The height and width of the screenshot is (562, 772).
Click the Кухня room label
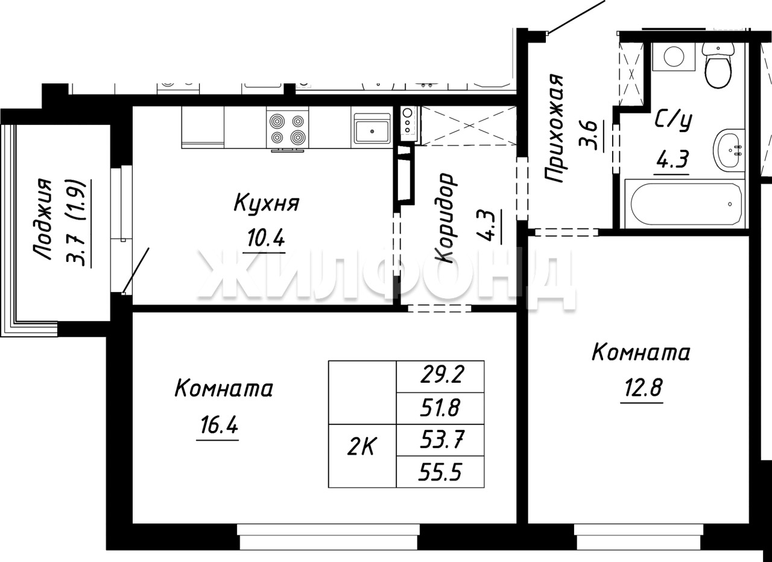tap(267, 203)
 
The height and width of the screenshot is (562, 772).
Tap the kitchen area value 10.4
tap(266, 238)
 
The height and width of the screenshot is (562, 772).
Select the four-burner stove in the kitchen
tap(288, 129)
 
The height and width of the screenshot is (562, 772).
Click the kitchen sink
tap(372, 127)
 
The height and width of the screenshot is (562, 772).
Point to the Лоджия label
tap(43, 219)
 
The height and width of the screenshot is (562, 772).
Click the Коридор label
tap(445, 218)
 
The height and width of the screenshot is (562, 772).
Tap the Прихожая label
tap(554, 127)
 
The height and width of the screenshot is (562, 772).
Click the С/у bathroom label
tap(674, 121)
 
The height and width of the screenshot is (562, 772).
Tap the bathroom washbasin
tap(729, 150)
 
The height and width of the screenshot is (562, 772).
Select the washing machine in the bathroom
tap(674, 57)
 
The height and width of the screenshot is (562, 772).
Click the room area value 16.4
tap(219, 425)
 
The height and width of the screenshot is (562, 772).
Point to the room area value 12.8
tap(643, 388)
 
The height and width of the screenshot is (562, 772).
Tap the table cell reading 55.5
tap(440, 472)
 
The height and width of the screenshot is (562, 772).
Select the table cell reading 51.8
tap(440, 408)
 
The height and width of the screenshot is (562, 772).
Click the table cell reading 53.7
tap(440, 440)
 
